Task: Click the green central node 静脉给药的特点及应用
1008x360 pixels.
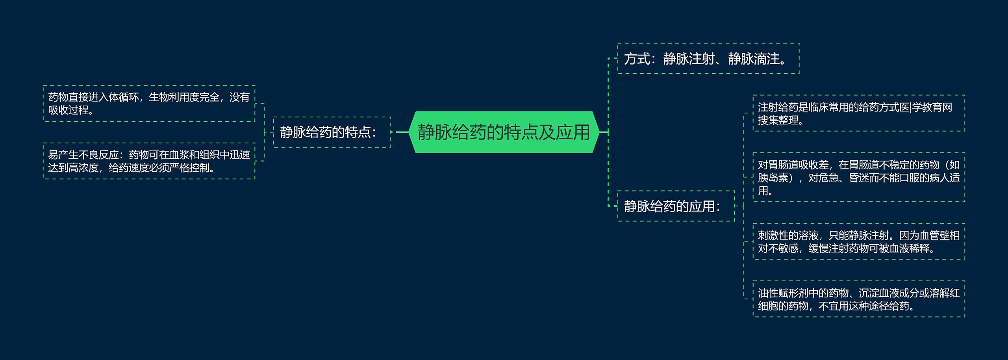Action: pyautogui.click(x=504, y=132)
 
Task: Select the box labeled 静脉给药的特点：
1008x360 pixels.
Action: pyautogui.click(x=332, y=132)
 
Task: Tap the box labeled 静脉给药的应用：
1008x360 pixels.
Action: pyautogui.click(x=676, y=206)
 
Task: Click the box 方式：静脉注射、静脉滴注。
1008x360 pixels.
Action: pyautogui.click(x=708, y=59)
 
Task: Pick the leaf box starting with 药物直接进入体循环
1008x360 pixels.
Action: pyautogui.click(x=149, y=103)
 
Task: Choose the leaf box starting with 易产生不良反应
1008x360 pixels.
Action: pyautogui.click(x=149, y=161)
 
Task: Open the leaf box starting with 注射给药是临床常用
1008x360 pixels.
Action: pyautogui.click(x=858, y=113)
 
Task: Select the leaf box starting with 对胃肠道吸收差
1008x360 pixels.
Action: pyautogui.click(x=858, y=177)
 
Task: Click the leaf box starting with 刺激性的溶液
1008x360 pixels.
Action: pyautogui.click(x=858, y=241)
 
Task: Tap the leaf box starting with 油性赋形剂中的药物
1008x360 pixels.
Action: pyautogui.click(x=858, y=299)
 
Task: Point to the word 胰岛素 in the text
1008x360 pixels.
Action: pyautogui.click(x=773, y=178)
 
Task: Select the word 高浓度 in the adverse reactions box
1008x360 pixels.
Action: pyautogui.click(x=83, y=168)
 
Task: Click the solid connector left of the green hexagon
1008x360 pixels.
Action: pyautogui.click(x=402, y=132)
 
